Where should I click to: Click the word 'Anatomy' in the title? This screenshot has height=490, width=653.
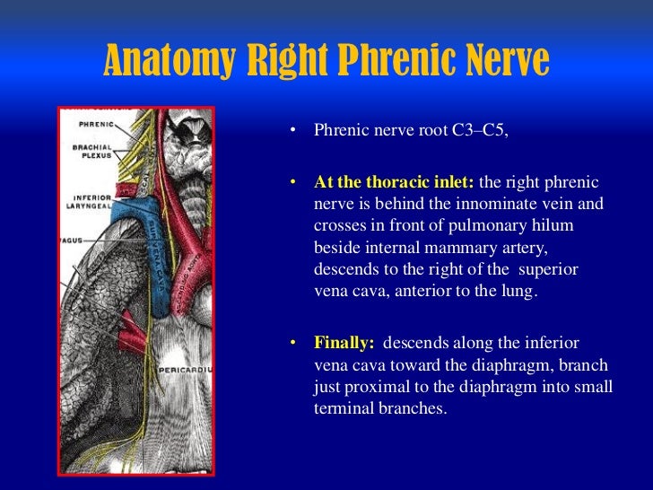[164, 61]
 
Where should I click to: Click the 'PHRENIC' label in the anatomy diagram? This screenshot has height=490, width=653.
[95, 124]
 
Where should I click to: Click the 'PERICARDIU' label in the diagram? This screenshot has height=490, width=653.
[186, 369]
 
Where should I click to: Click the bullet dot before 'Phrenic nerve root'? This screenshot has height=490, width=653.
[292, 132]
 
